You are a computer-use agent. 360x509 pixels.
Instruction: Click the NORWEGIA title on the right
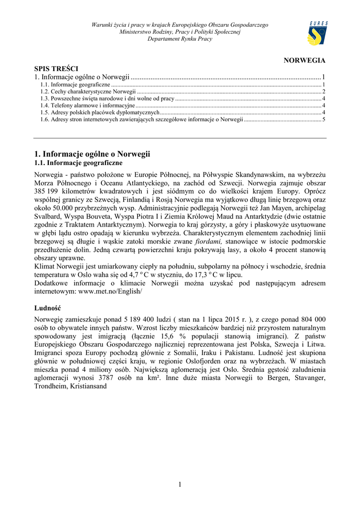[304, 61]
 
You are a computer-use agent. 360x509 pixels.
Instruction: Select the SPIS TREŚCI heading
[56, 69]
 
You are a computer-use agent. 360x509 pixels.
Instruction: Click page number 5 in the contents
[324, 120]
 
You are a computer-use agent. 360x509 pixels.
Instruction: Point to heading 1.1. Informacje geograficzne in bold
[78, 163]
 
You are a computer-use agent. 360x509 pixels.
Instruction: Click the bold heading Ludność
[48, 308]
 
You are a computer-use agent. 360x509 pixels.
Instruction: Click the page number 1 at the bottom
[180, 485]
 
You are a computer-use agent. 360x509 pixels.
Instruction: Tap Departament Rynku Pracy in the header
[180, 39]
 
